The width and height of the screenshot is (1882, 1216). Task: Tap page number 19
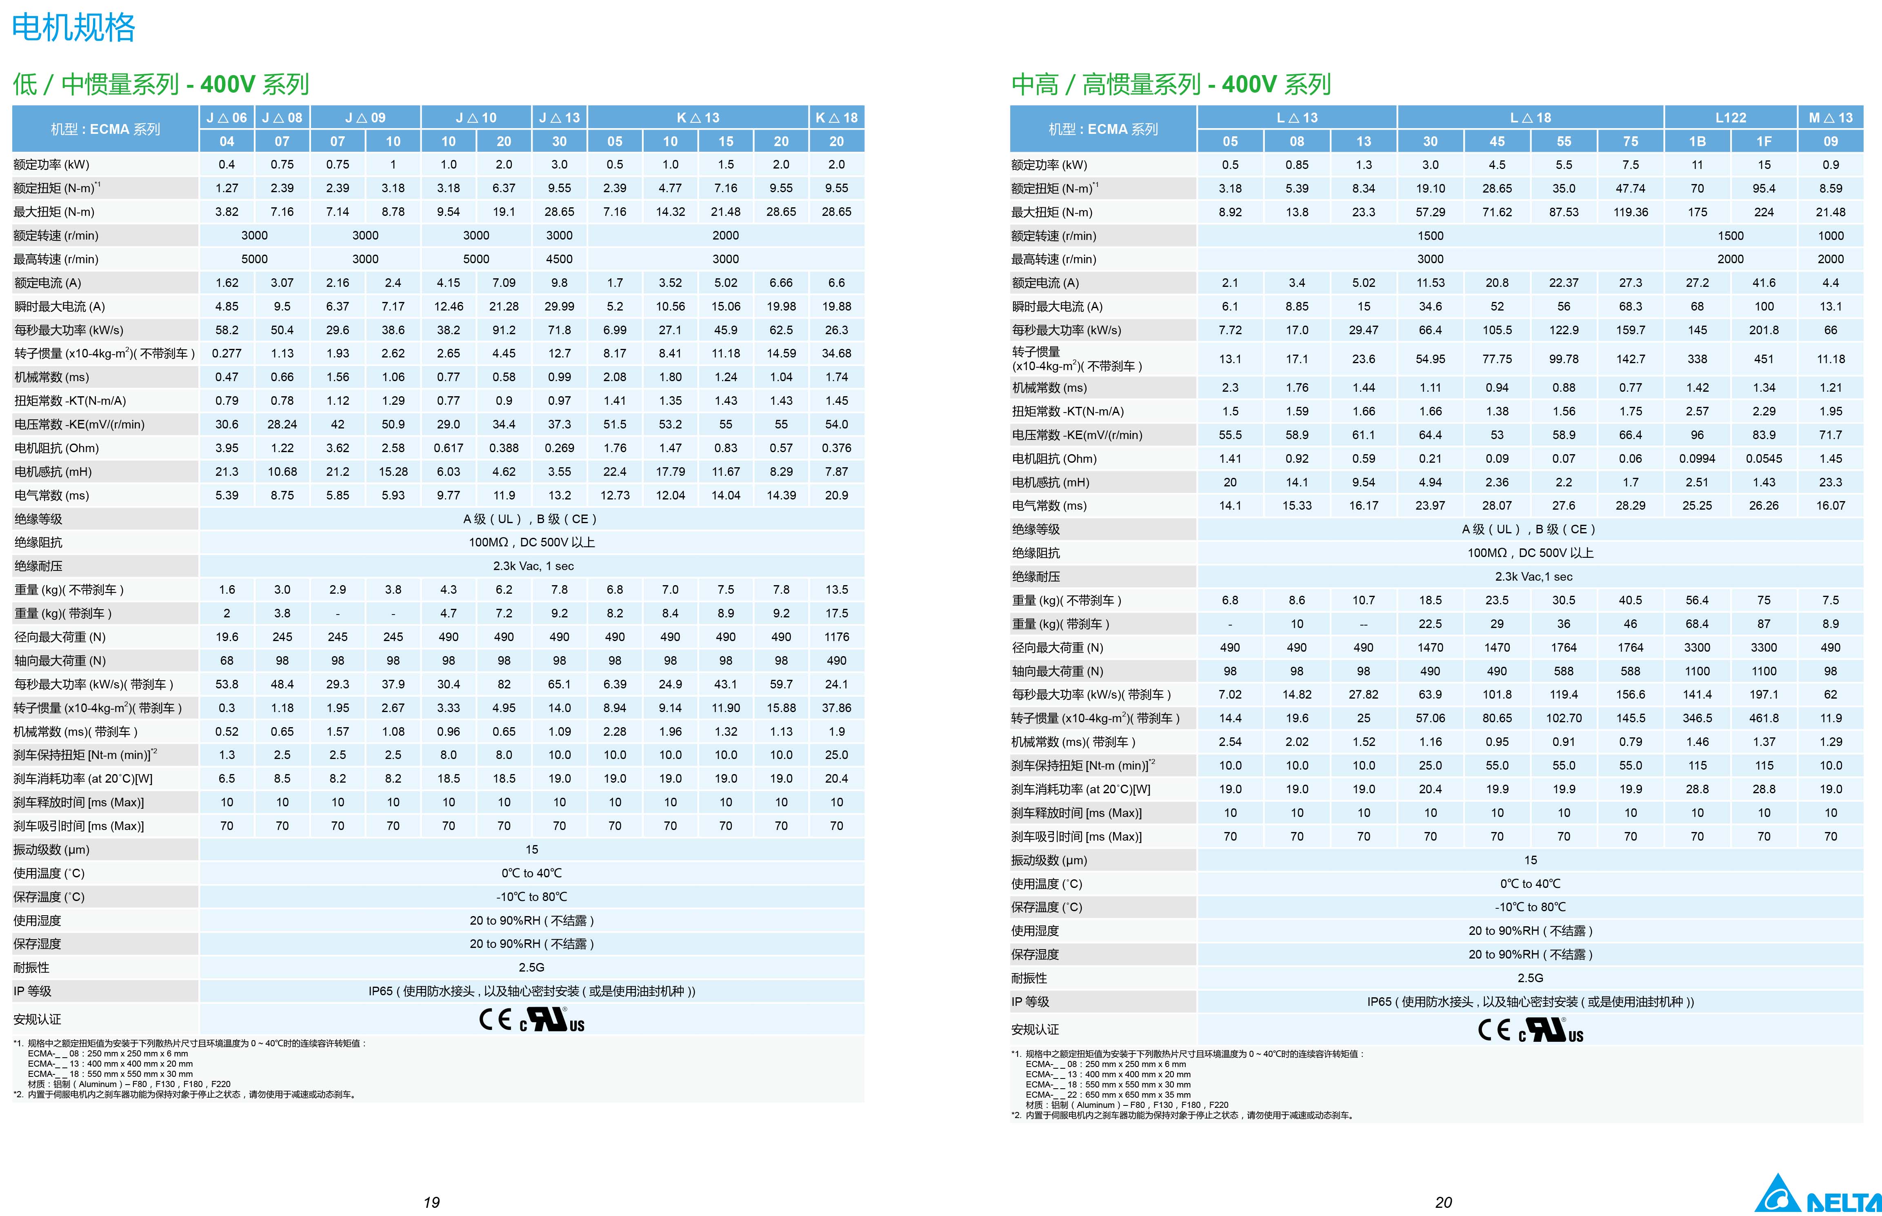[431, 1202]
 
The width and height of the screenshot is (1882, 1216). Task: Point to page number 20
[1443, 1202]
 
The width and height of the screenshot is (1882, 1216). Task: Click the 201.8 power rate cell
[1764, 330]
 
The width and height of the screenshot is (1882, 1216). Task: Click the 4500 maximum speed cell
[559, 259]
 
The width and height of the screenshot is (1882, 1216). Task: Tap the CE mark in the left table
[495, 1019]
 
